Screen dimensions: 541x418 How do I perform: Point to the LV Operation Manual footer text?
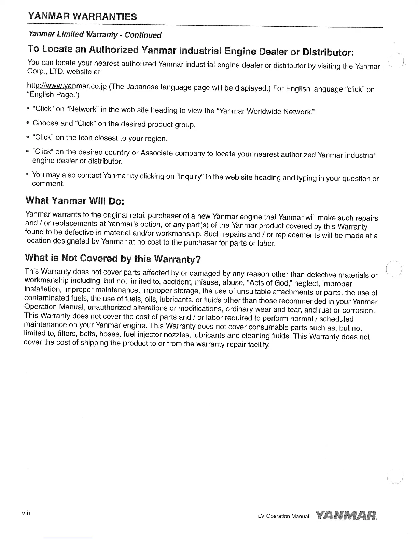(283, 516)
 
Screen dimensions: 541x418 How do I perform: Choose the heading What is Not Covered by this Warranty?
(112, 258)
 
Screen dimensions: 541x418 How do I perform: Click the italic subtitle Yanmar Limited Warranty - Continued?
(95, 34)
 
